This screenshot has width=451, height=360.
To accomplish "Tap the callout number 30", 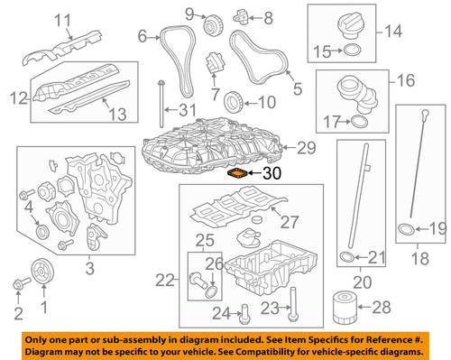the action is pos(272,173).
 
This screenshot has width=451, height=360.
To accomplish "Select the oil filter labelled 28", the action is pos(345,309).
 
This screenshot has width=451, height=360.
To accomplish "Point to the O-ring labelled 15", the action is pos(352,51).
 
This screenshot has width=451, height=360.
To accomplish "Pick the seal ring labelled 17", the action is pos(359,122).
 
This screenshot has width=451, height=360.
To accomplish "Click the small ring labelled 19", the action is pos(407,229).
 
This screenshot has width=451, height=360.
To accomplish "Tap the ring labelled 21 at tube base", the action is pos(346,256).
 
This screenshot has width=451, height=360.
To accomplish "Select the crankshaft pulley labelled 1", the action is pos(42,271).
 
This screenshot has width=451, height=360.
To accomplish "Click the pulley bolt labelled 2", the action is pos(22,282).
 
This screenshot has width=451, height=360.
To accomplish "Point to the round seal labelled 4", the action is pos(42,231).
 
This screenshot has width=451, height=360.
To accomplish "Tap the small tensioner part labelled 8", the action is pos(241,16).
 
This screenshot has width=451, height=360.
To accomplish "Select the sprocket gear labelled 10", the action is pos(235,102).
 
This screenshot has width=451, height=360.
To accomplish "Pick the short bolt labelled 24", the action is pos(244,314).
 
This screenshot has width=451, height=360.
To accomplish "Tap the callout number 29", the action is pos(307,148).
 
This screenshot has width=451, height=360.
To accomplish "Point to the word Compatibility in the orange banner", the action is pos(262,352).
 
